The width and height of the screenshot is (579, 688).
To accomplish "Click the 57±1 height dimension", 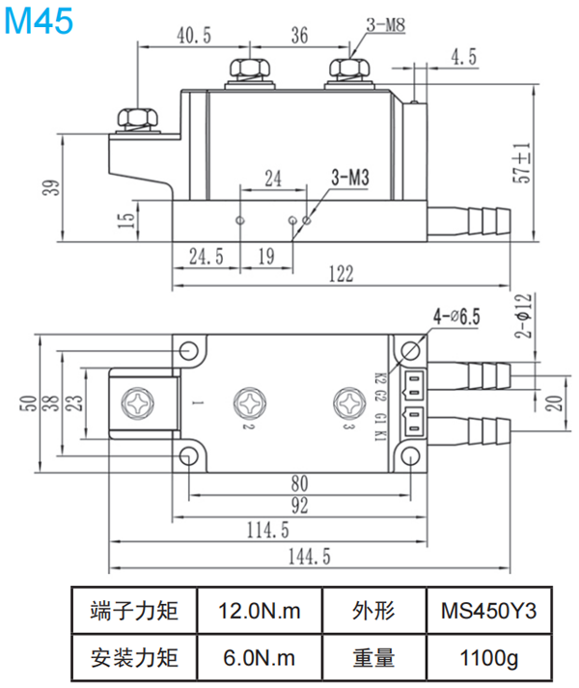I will pyautogui.click(x=522, y=164).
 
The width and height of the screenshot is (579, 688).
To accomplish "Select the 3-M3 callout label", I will pyautogui.click(x=350, y=178).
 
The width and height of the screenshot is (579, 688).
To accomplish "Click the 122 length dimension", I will pyautogui.click(x=339, y=275).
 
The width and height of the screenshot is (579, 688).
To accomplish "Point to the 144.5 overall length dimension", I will pyautogui.click(x=308, y=557).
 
